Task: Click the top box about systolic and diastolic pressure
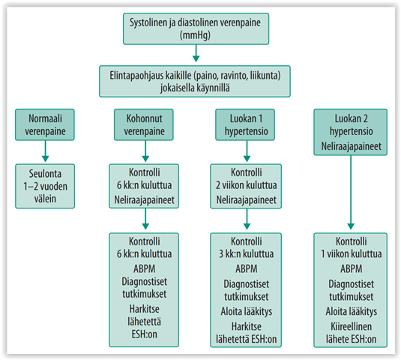click(x=196, y=29)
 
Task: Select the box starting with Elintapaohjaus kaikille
click(x=195, y=81)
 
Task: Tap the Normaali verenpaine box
click(x=45, y=124)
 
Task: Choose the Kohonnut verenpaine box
click(x=144, y=124)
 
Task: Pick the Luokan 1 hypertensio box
click(x=245, y=124)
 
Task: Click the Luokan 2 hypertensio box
click(x=351, y=132)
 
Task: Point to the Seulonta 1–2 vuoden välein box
click(x=45, y=186)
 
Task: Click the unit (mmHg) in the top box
click(x=195, y=35)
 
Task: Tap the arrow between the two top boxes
click(x=196, y=53)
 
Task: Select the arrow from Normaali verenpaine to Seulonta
click(x=45, y=151)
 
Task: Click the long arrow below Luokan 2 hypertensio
click(x=351, y=193)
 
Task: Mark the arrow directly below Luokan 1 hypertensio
click(x=247, y=151)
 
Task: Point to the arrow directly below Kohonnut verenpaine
click(x=145, y=151)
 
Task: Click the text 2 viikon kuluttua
click(x=246, y=185)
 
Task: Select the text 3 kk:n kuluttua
click(x=246, y=253)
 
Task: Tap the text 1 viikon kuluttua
click(x=351, y=253)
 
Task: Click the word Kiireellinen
click(x=351, y=326)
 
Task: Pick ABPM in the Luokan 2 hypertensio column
click(x=351, y=269)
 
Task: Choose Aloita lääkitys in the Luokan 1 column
click(x=247, y=312)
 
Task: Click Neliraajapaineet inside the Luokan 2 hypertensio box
click(x=351, y=146)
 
